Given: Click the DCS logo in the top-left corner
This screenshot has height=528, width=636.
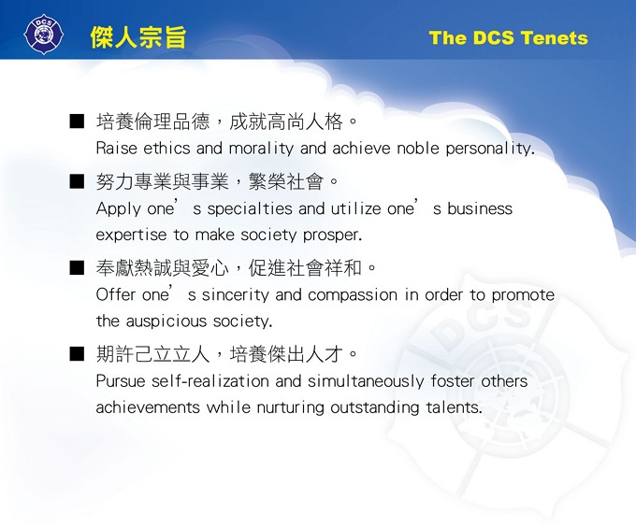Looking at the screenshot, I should click(x=42, y=35).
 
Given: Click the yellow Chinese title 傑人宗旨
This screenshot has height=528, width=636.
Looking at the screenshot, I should click(x=138, y=37).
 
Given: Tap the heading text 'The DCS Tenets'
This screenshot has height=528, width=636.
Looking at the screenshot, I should click(x=508, y=38).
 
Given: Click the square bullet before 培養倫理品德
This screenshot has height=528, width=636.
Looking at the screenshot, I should click(x=77, y=122).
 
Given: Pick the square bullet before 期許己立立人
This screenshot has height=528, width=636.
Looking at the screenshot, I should click(x=77, y=355).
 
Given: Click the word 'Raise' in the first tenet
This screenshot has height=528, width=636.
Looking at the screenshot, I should click(x=116, y=149).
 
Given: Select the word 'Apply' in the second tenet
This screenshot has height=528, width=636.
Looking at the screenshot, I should click(x=118, y=208).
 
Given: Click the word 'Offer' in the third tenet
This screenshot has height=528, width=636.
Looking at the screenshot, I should click(x=116, y=295).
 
